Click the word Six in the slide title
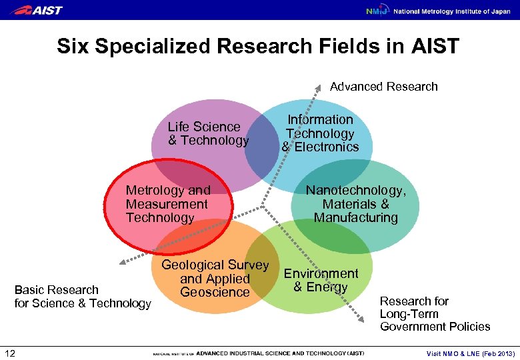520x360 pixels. pyautogui.click(x=73, y=47)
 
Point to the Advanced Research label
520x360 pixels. pyautogui.click(x=384, y=87)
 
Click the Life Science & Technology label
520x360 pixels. pyautogui.click(x=207, y=133)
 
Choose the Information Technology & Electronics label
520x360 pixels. pyautogui.click(x=320, y=133)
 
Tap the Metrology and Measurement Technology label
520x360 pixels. pyautogui.click(x=167, y=204)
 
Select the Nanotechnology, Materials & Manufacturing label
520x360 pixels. pyautogui.click(x=355, y=204)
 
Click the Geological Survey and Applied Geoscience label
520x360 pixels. pyautogui.click(x=215, y=279)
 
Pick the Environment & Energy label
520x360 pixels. pyautogui.click(x=321, y=280)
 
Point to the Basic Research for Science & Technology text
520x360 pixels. pyautogui.click(x=83, y=297)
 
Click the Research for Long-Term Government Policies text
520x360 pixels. pyautogui.click(x=435, y=313)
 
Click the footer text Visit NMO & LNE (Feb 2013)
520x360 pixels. pyautogui.click(x=470, y=353)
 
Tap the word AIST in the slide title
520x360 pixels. pyautogui.click(x=436, y=47)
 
